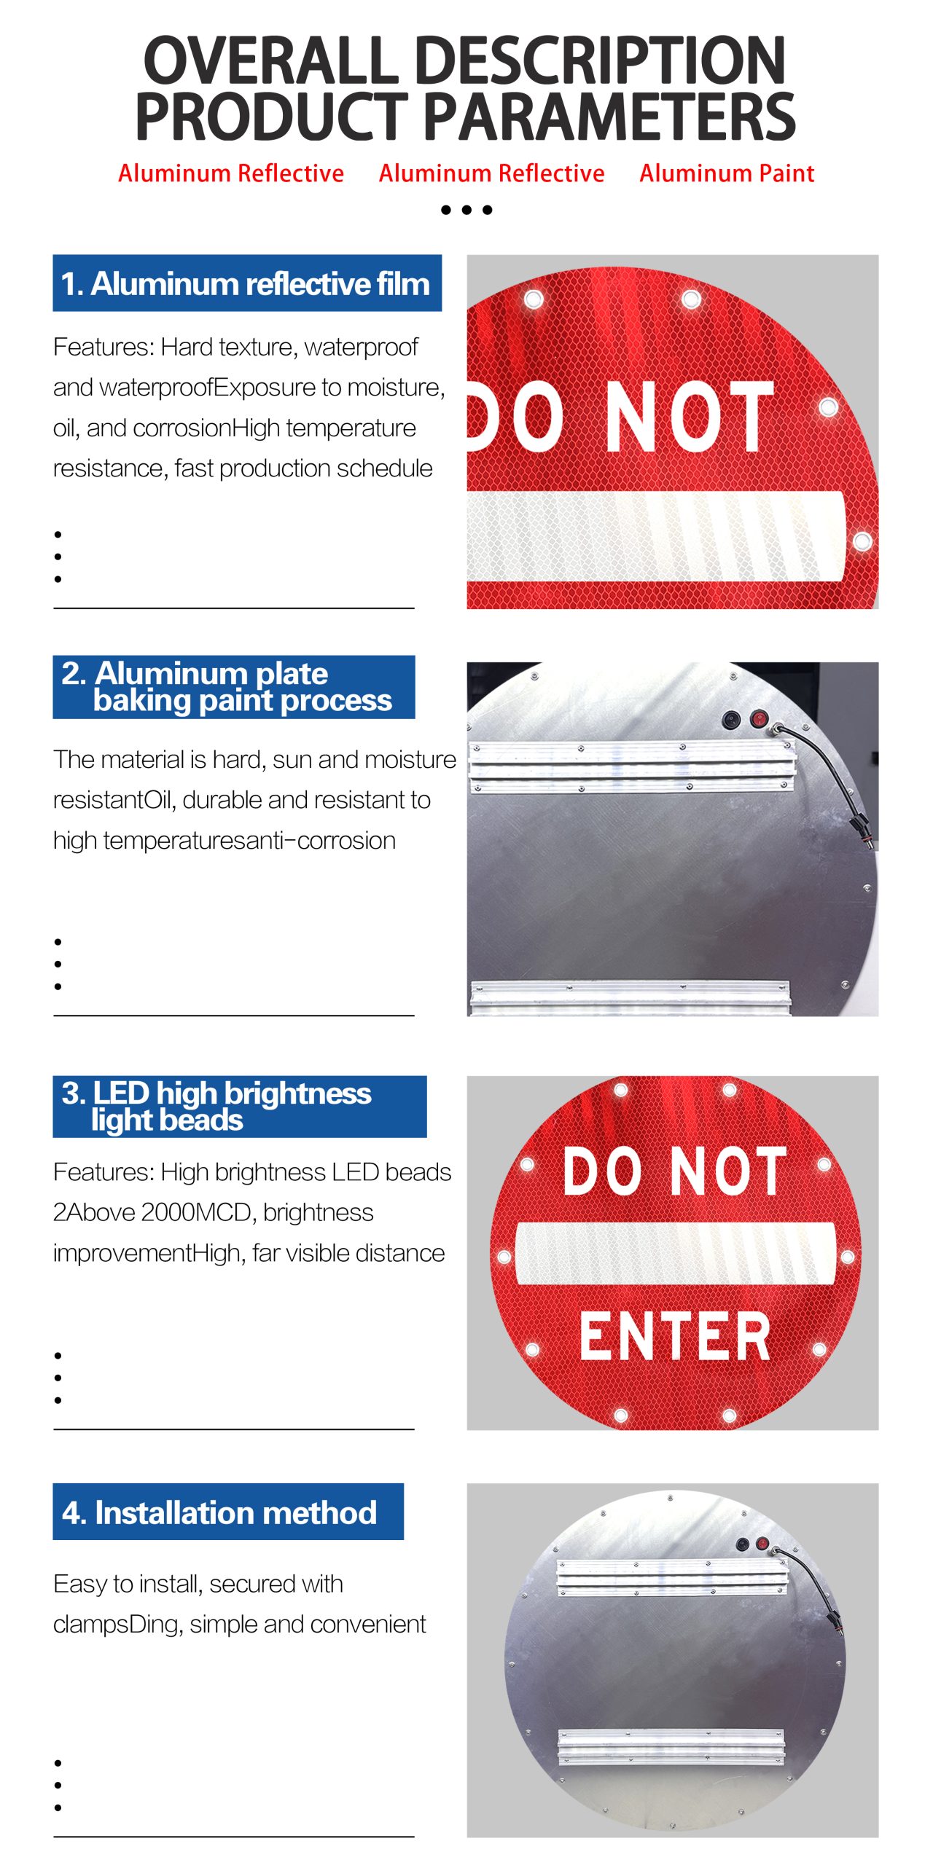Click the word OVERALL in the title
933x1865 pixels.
[270, 60]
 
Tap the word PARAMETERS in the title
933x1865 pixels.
[609, 117]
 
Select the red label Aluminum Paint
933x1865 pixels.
[727, 173]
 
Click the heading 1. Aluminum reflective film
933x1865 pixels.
[246, 283]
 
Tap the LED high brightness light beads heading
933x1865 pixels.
[217, 1106]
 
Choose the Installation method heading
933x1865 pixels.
[219, 1513]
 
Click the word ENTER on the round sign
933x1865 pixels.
[675, 1336]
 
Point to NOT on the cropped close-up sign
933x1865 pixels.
[690, 417]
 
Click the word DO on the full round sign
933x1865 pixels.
[602, 1171]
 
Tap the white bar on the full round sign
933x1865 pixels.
[675, 1253]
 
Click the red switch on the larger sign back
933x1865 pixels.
[760, 720]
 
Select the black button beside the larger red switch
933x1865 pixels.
[732, 721]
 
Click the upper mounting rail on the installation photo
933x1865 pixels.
[672, 1577]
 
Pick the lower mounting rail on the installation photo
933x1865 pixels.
[672, 1746]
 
